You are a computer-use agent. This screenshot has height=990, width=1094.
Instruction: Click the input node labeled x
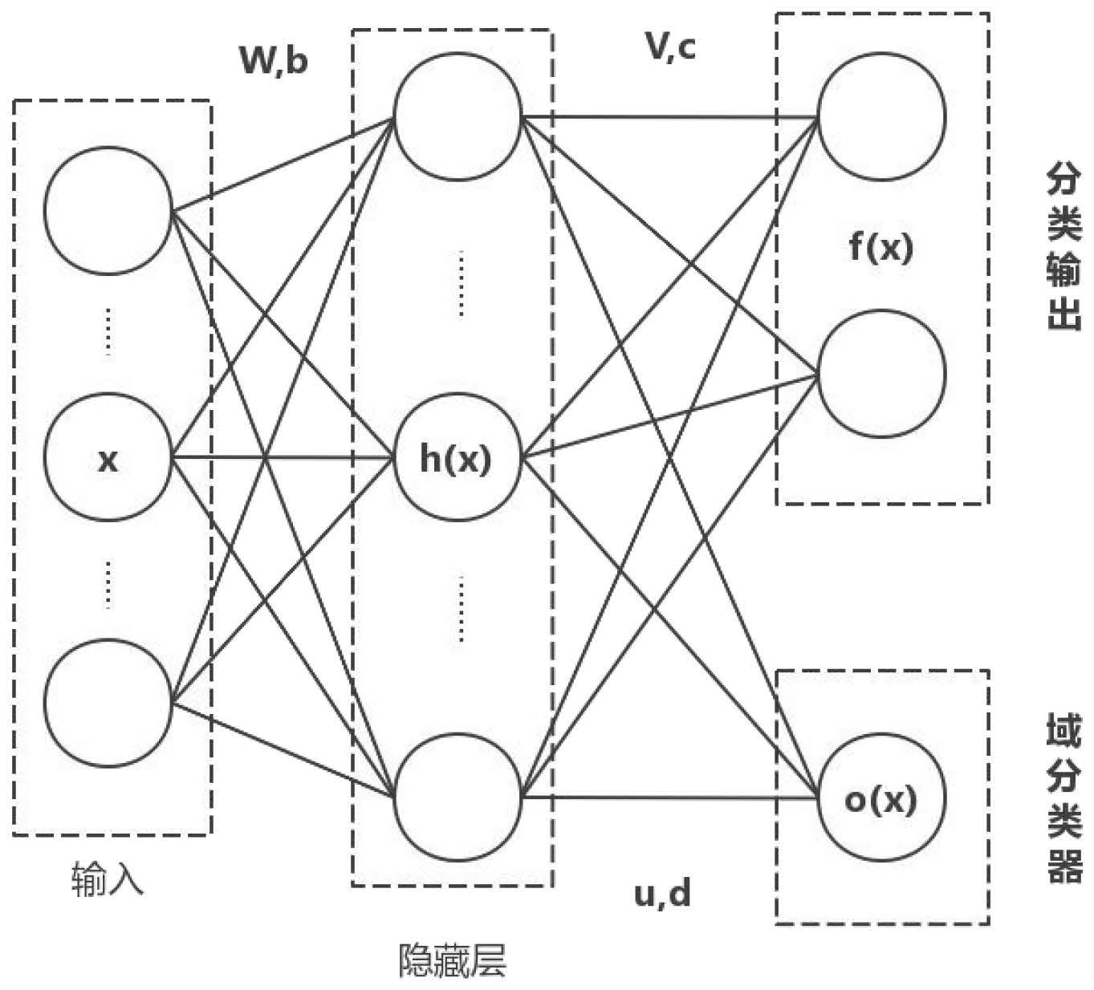[108, 458]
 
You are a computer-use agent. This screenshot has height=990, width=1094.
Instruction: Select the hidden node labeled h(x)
[457, 458]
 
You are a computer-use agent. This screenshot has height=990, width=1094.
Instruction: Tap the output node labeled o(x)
[881, 798]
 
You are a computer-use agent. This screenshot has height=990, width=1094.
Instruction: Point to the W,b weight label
[274, 59]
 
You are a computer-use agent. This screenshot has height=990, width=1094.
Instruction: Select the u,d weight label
[662, 891]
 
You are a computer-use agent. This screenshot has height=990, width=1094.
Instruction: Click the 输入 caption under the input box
[108, 878]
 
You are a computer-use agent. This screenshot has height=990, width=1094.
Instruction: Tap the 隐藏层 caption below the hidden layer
[453, 960]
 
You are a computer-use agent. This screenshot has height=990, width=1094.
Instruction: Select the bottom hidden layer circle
[457, 796]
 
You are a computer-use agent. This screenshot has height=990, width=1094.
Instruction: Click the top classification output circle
[881, 117]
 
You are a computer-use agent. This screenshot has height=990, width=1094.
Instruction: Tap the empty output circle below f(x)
[881, 373]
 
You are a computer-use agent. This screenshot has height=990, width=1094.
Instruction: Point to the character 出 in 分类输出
[1064, 314]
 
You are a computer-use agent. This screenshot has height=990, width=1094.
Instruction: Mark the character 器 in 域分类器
[1064, 866]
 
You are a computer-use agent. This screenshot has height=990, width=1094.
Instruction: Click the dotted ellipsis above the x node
[108, 332]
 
